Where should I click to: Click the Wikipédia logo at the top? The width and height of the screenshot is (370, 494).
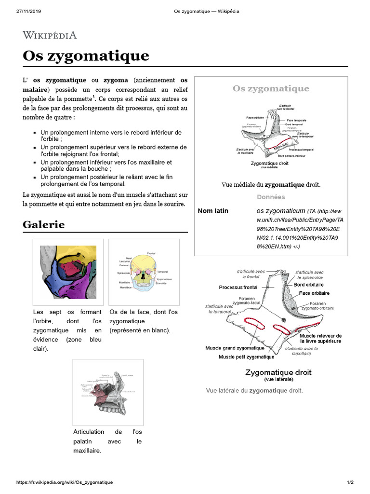pyautogui.click(x=50, y=35)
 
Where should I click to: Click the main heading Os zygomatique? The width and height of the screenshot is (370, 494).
pyautogui.click(x=86, y=56)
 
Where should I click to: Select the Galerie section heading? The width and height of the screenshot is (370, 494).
pyautogui.click(x=43, y=225)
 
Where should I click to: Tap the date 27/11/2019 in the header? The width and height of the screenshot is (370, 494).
pyautogui.click(x=28, y=11)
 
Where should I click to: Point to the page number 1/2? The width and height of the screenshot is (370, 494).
pyautogui.click(x=350, y=482)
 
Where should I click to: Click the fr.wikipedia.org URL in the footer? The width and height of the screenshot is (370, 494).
pyautogui.click(x=65, y=482)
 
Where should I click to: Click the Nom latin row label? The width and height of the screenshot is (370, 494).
pyautogui.click(x=213, y=211)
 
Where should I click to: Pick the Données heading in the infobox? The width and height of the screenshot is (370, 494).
pyautogui.click(x=271, y=197)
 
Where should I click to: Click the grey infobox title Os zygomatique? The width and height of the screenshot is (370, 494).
pyautogui.click(x=271, y=89)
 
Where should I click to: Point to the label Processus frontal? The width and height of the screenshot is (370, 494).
pyautogui.click(x=238, y=288)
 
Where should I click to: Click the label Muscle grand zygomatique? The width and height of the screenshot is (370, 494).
pyautogui.click(x=235, y=348)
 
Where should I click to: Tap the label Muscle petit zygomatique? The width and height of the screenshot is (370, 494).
pyautogui.click(x=246, y=357)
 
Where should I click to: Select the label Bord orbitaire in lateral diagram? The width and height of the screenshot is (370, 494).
pyautogui.click(x=309, y=285)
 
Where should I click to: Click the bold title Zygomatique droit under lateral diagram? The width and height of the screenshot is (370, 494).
pyautogui.click(x=278, y=372)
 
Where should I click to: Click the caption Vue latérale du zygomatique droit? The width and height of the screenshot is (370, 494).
pyautogui.click(x=254, y=390)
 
